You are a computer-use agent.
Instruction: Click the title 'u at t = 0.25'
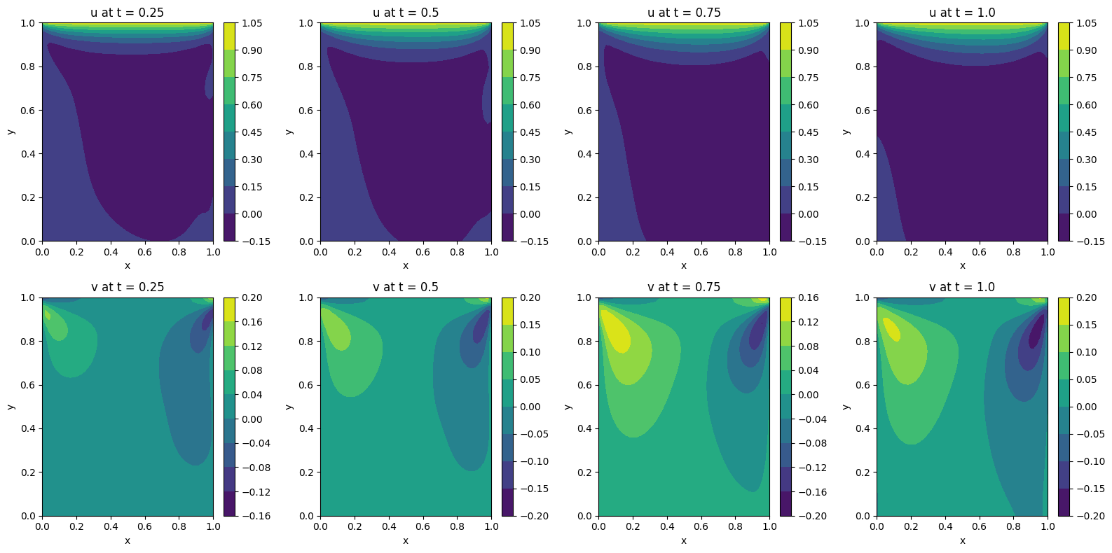(x=127, y=13)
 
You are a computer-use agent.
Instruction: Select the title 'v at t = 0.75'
(x=683, y=287)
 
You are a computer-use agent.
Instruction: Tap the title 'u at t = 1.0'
(x=962, y=13)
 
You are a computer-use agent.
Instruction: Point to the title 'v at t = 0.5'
(x=405, y=287)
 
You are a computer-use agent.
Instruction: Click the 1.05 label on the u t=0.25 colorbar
(x=252, y=23)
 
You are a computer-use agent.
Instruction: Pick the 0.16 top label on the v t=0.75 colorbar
(x=808, y=297)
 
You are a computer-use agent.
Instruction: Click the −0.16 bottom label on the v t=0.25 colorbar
(x=254, y=516)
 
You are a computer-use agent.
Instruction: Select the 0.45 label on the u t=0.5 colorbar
(x=530, y=132)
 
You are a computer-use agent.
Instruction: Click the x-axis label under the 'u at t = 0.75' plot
(x=683, y=266)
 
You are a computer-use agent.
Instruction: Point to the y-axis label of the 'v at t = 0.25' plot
(x=11, y=407)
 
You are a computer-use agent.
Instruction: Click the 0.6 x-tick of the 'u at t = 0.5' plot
(x=423, y=252)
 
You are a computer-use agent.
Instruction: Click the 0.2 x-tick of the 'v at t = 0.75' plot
(x=633, y=526)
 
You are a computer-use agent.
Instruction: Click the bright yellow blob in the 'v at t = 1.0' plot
(x=891, y=329)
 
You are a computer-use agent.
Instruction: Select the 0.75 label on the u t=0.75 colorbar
(x=808, y=78)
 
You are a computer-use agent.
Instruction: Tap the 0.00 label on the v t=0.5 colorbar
(x=530, y=407)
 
